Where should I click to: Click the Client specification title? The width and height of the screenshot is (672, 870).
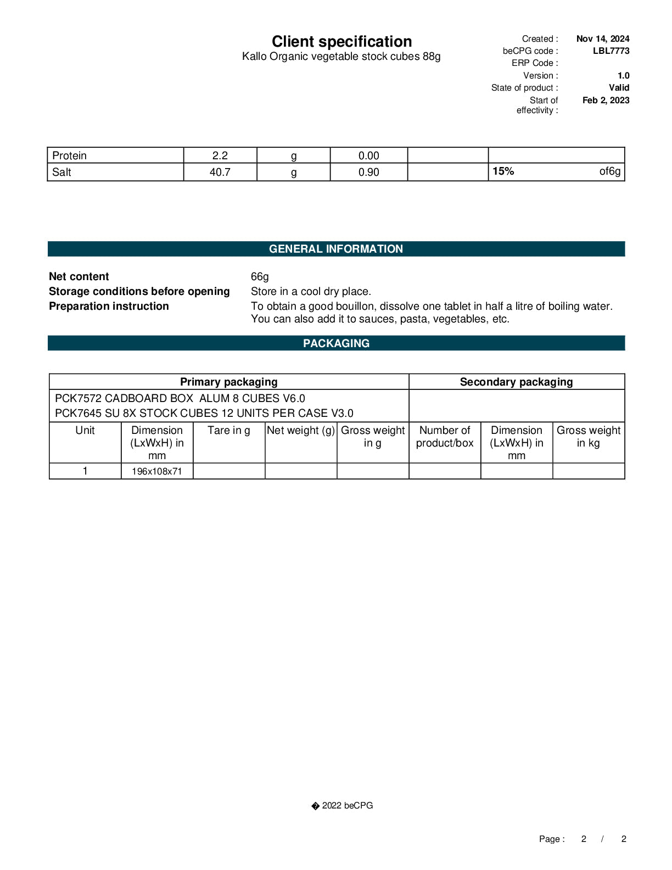click(341, 42)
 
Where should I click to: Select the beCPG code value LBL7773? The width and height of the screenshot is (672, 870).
click(611, 51)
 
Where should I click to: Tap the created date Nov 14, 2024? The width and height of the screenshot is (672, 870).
click(602, 39)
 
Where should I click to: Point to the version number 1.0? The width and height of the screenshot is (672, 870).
click(623, 76)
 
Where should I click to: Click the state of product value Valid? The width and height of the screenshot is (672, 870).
click(619, 88)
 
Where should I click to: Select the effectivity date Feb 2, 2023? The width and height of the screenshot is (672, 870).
click(606, 101)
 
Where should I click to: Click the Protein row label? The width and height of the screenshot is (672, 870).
click(70, 156)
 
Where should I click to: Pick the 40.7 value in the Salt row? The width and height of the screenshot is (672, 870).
click(220, 172)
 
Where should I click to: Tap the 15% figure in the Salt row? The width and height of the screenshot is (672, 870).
click(503, 171)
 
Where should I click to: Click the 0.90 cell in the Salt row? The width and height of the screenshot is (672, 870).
click(368, 172)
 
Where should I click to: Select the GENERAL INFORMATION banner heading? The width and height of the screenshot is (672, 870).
click(336, 249)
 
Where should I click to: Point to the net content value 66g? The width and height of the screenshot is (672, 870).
click(260, 277)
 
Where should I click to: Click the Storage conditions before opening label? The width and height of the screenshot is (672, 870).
click(139, 292)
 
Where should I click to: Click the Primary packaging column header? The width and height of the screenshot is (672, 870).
click(228, 382)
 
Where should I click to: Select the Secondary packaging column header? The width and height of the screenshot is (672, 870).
click(516, 382)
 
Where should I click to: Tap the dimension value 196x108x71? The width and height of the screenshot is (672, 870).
click(156, 472)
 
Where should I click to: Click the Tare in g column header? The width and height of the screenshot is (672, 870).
click(228, 431)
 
